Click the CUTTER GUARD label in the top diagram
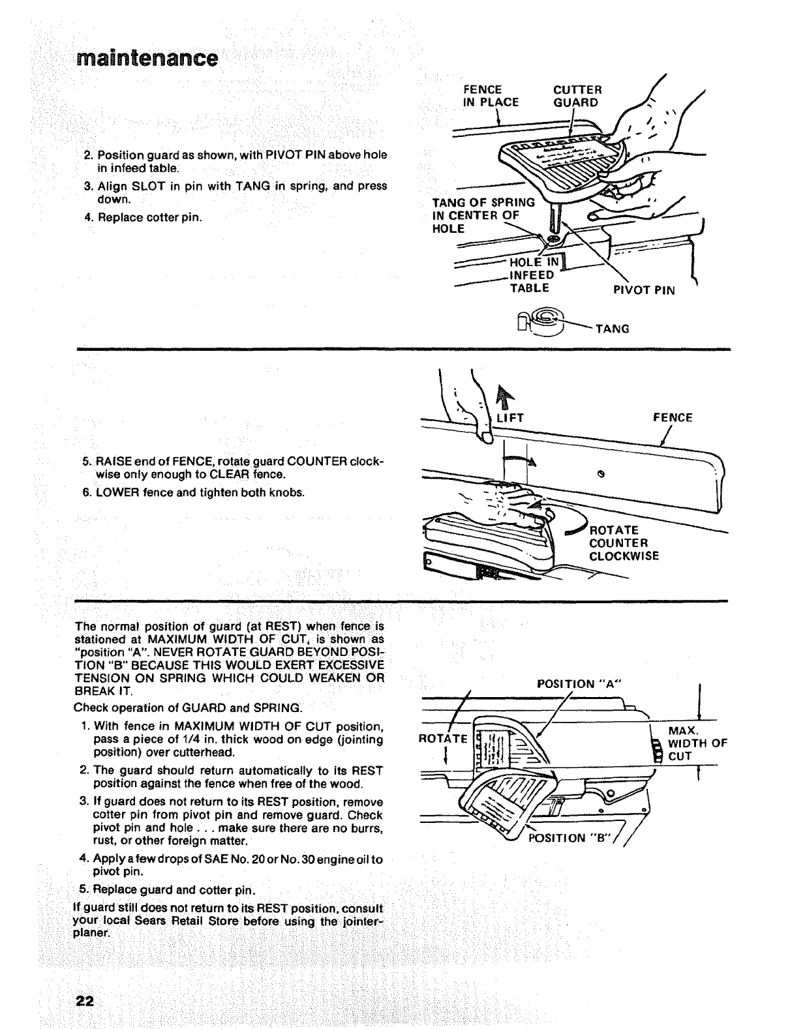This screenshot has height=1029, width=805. tap(577, 96)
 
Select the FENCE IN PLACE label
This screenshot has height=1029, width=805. tap(490, 96)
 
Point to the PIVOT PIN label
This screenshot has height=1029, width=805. tap(644, 290)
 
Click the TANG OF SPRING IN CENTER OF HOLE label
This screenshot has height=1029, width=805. tap(483, 215)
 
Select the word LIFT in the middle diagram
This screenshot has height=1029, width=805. tap(510, 418)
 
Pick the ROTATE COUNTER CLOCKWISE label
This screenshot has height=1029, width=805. tap(623, 543)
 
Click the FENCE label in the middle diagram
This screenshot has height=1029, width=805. tap(673, 417)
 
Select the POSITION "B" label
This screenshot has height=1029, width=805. tap(570, 838)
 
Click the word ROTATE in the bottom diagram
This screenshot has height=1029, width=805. tap(444, 739)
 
